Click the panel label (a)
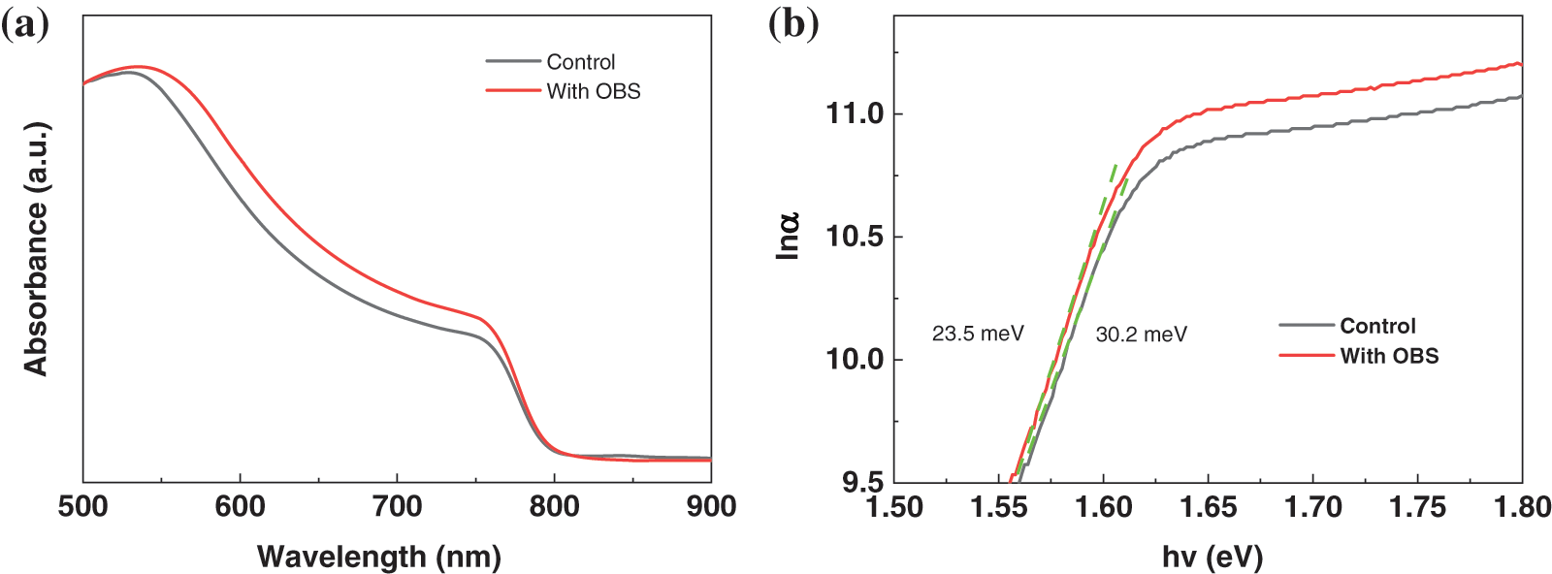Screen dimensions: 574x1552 click(x=24, y=24)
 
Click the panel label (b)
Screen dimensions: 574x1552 click(x=792, y=24)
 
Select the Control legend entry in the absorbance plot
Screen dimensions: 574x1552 click(x=580, y=62)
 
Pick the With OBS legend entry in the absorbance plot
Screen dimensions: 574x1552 click(x=593, y=91)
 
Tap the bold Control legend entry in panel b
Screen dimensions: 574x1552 click(x=1377, y=326)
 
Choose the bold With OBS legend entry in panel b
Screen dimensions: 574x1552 click(x=1389, y=356)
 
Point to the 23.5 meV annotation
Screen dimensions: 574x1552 click(x=978, y=334)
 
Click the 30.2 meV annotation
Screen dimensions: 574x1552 click(x=1141, y=335)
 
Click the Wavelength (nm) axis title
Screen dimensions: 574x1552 click(x=378, y=557)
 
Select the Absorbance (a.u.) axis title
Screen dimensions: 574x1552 click(x=36, y=249)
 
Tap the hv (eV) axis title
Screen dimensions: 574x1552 click(x=1212, y=557)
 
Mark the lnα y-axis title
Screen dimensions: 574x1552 click(x=788, y=236)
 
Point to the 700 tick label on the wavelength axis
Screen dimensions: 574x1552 click(x=397, y=506)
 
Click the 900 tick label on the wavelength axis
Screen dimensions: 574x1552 click(x=711, y=506)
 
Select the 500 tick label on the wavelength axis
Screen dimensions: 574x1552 click(x=83, y=506)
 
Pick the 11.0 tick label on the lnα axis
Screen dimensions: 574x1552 click(x=855, y=113)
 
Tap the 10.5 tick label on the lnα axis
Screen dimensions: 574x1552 click(x=855, y=237)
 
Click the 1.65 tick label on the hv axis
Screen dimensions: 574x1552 click(x=1209, y=506)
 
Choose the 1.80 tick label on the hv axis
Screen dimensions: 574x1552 click(x=1522, y=506)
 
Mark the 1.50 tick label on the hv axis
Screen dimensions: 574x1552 click(x=894, y=506)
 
